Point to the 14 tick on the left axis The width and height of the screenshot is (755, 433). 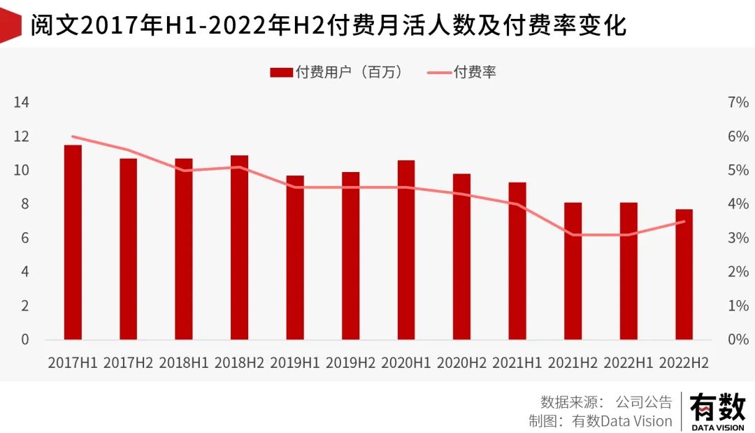pyautogui.click(x=22, y=103)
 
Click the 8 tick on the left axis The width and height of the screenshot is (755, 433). pyautogui.click(x=25, y=204)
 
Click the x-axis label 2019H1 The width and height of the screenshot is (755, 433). pyautogui.click(x=294, y=363)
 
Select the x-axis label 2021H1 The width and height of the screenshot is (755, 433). pyautogui.click(x=517, y=363)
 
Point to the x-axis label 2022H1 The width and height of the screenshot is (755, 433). pyautogui.click(x=628, y=363)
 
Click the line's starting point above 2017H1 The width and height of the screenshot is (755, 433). pyautogui.click(x=73, y=136)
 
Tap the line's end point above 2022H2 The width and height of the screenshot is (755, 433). pyautogui.click(x=684, y=222)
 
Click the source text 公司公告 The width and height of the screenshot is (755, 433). pyautogui.click(x=643, y=402)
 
